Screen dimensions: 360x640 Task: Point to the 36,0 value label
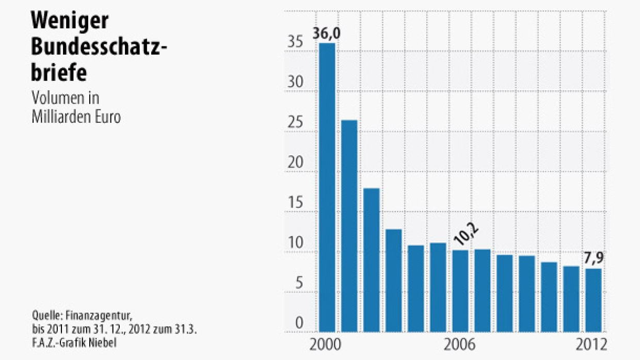click(x=327, y=35)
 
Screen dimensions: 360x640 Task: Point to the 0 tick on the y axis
click(x=299, y=323)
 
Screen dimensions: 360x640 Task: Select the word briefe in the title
click(x=59, y=72)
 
